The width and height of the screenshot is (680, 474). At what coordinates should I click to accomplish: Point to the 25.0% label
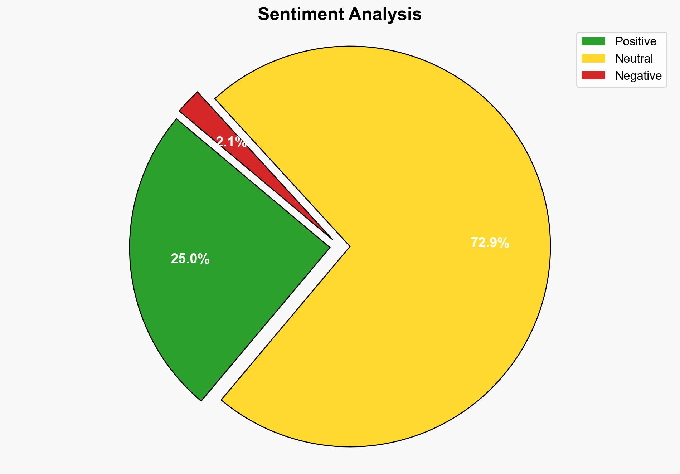190,259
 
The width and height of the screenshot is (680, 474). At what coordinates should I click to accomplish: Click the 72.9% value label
490,243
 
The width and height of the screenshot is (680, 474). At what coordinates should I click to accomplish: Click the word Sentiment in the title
300,15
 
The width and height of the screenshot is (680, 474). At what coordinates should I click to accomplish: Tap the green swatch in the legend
593,41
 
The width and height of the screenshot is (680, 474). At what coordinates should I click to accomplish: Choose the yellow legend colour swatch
593,58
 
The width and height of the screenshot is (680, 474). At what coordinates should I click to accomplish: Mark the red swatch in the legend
593,75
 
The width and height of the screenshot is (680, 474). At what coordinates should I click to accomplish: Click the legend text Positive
636,41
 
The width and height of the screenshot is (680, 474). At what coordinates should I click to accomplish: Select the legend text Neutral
634,59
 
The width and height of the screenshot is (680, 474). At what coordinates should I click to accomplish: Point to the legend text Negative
638,76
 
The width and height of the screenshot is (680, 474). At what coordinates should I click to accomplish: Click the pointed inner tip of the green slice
329,246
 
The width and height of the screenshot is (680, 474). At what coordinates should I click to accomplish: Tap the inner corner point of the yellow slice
349,246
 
